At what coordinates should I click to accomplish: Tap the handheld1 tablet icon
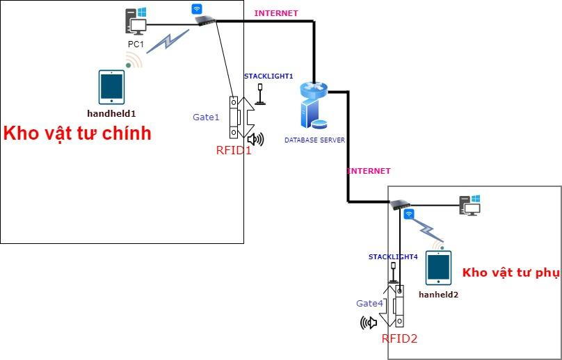tap(111, 87)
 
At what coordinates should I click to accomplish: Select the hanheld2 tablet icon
tap(438, 268)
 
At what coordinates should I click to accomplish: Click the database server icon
tap(314, 105)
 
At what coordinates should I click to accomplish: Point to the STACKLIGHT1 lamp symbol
tap(260, 94)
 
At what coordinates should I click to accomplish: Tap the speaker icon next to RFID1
tap(255, 140)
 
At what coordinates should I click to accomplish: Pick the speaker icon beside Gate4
tap(368, 322)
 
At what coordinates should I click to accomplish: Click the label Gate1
tap(206, 117)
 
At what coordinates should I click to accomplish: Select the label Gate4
tap(369, 303)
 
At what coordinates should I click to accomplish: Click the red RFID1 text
tap(234, 149)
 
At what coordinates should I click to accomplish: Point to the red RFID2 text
tap(399, 338)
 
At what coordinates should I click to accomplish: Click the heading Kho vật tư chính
tap(77, 133)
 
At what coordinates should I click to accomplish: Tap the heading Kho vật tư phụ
tap(511, 272)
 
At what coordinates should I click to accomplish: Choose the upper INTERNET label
tap(276, 13)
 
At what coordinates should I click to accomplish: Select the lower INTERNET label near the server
tap(369, 171)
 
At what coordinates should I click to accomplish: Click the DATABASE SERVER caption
tap(314, 140)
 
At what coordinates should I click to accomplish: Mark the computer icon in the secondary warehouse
tap(469, 204)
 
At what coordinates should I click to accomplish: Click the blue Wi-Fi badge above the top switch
tap(197, 9)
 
